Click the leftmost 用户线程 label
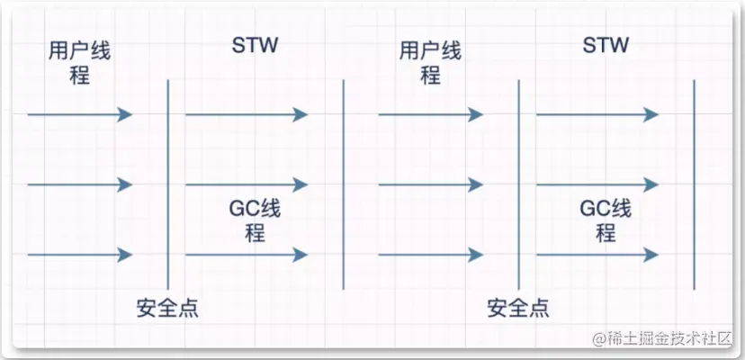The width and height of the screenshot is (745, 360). coord(79,62)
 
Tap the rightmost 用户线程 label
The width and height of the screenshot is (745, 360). coord(430,62)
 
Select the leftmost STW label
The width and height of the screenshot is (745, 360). coord(254,45)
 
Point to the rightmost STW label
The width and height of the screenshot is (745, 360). coord(605,45)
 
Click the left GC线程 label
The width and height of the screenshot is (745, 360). coord(255,221)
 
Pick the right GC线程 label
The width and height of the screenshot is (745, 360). coord(606,221)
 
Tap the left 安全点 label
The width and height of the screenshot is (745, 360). coord(168,309)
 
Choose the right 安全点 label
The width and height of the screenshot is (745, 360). coord(518,309)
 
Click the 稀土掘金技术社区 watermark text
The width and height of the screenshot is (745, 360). coord(665,338)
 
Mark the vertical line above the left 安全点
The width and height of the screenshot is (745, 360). coord(168,180)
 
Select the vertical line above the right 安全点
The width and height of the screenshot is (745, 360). coord(519,180)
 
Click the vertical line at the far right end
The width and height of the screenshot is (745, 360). coord(694,184)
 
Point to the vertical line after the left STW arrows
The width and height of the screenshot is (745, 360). coord(344,184)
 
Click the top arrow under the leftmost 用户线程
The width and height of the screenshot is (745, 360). coord(80,114)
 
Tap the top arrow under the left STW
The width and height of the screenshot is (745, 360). coord(247,114)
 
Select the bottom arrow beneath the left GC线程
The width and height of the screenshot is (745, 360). coord(247,255)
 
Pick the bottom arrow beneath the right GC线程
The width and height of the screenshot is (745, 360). coord(597,255)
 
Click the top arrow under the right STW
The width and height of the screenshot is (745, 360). coord(597,114)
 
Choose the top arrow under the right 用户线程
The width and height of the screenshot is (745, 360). coord(431,114)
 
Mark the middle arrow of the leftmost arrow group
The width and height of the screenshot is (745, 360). coord(80,184)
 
